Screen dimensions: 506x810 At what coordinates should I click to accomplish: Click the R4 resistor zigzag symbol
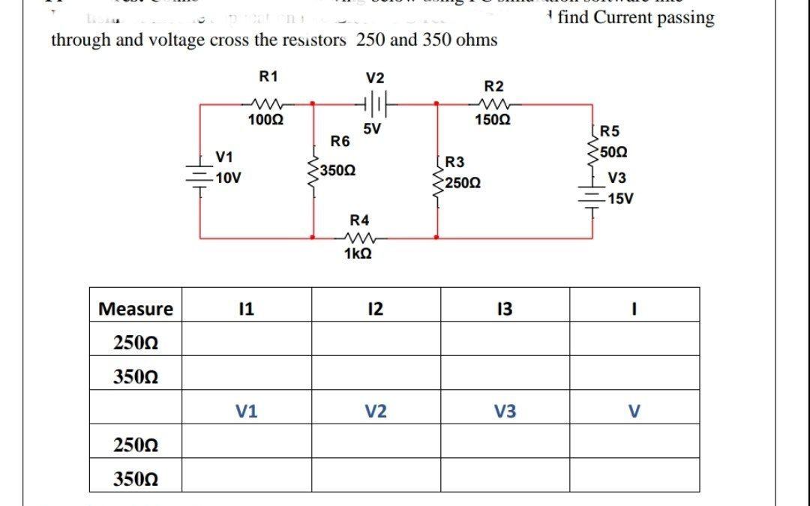tap(359, 238)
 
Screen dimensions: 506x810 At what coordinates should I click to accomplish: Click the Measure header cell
tap(136, 309)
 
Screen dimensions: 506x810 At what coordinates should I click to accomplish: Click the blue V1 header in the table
tap(247, 411)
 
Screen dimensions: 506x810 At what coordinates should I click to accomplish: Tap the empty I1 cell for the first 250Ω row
tap(247, 343)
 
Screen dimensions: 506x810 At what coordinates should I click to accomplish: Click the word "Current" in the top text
tap(625, 17)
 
